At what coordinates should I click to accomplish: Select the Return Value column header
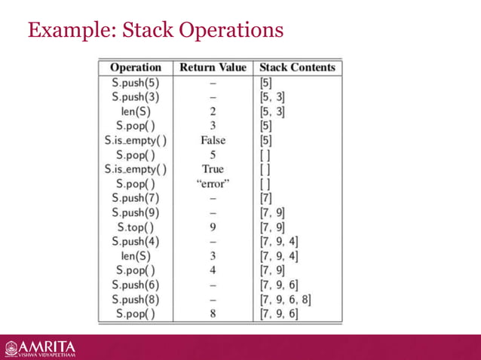coord(213,67)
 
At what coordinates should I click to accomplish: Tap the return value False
coord(213,139)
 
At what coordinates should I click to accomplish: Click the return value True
coord(213,169)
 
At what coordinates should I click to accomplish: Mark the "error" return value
coord(213,183)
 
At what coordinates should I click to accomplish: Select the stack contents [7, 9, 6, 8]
coord(285,298)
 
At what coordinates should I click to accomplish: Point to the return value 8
coord(213,313)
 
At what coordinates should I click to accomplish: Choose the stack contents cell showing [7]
coord(266,197)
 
